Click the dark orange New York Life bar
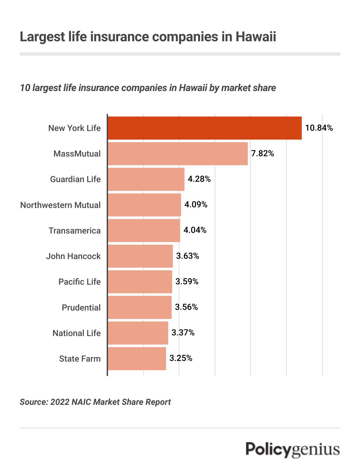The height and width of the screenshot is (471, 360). click(x=205, y=128)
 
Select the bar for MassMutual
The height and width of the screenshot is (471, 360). click(x=178, y=154)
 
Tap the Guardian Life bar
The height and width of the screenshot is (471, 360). click(x=146, y=179)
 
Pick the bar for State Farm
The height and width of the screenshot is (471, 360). click(x=137, y=359)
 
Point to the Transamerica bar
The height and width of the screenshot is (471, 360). click(x=144, y=231)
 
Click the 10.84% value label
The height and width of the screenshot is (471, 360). click(x=319, y=128)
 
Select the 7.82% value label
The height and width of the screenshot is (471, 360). click(x=262, y=154)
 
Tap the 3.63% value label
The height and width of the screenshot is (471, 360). click(x=188, y=256)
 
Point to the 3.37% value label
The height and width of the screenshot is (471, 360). click(x=183, y=333)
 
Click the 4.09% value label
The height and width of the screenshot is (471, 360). click(x=196, y=205)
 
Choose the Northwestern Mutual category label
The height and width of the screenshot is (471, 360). click(x=61, y=205)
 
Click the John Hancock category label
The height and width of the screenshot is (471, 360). click(x=73, y=256)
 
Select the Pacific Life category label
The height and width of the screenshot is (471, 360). click(x=80, y=282)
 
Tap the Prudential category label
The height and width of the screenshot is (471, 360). click(x=81, y=308)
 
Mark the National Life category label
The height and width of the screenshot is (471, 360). click(x=77, y=333)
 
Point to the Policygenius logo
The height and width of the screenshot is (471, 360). click(x=293, y=449)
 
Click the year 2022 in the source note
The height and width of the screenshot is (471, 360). click(x=60, y=402)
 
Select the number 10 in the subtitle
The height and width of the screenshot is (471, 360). click(x=25, y=88)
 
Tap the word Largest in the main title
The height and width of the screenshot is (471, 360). click(x=43, y=37)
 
